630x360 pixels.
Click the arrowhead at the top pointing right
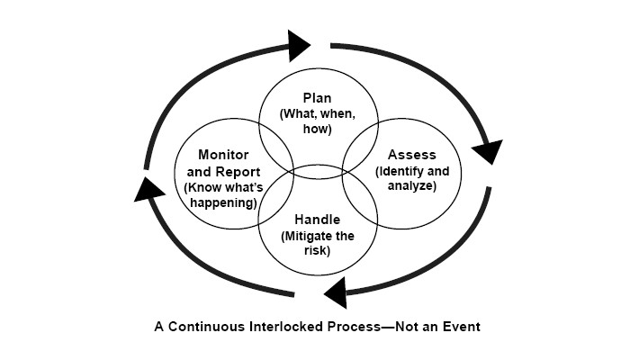298,43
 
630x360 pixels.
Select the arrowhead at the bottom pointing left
335,291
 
